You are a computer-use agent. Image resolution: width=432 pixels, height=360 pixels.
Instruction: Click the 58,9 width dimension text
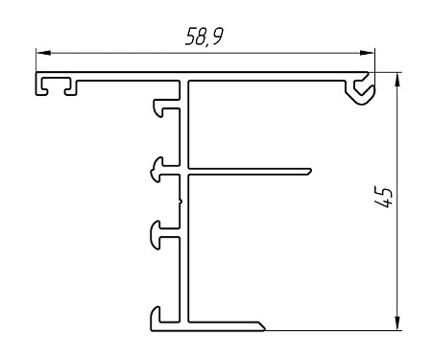(x=204, y=36)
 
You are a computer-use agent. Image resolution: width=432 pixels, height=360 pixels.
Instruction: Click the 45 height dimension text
(x=383, y=197)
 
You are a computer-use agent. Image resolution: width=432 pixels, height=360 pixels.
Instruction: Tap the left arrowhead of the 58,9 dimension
(x=43, y=53)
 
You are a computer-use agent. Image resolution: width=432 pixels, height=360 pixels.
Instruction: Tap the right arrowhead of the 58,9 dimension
(x=367, y=53)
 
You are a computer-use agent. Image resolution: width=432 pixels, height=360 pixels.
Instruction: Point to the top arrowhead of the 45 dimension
(x=397, y=80)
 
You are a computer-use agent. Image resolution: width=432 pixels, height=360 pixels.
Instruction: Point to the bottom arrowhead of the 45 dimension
(x=397, y=323)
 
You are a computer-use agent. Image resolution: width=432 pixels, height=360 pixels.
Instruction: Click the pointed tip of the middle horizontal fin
(x=311, y=171)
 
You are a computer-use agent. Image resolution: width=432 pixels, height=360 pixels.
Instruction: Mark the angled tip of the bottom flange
(x=263, y=327)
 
